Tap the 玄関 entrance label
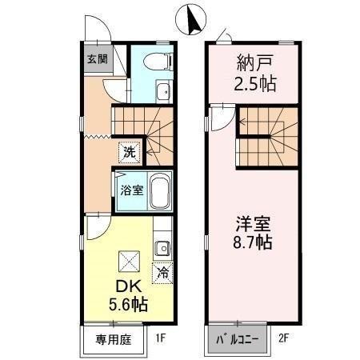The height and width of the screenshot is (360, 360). coord(97,59)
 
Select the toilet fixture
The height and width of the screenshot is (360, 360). coord(157,60)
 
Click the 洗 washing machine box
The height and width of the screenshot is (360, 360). coord(128,151)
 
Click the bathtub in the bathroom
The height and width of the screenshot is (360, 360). coord(159,190)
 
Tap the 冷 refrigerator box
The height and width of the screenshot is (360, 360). coord(163,272)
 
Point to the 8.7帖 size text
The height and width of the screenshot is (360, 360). coord(253,240)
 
